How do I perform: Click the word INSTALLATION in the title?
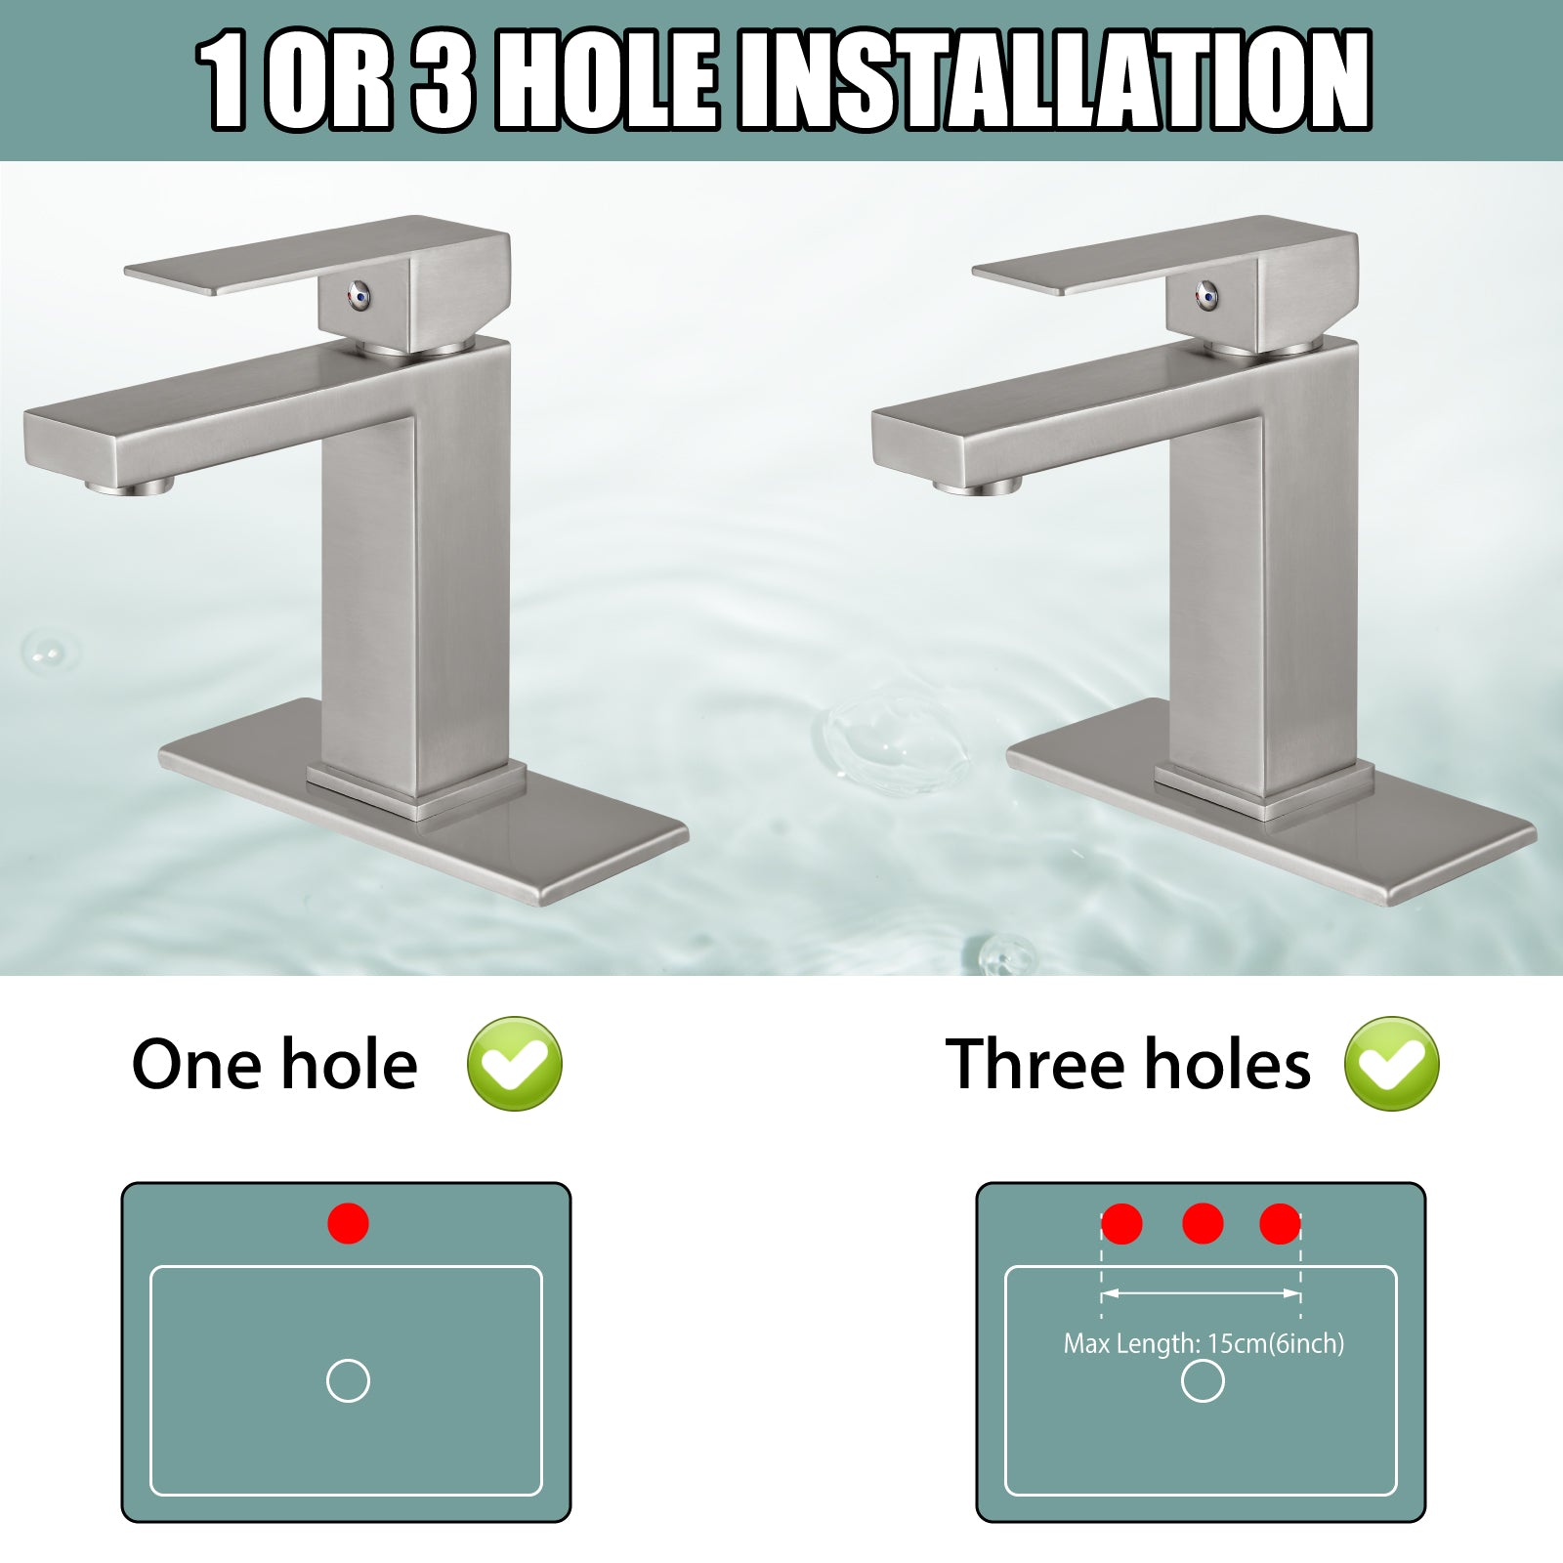(x=1054, y=80)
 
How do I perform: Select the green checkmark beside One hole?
(x=515, y=1063)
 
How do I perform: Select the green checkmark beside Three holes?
(x=1391, y=1063)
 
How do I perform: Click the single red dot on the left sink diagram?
(x=348, y=1223)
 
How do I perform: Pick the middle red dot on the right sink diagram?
(x=1203, y=1223)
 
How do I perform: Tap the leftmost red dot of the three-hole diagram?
(x=1121, y=1223)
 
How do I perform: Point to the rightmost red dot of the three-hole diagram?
(x=1280, y=1223)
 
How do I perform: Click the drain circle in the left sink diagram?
(x=348, y=1360)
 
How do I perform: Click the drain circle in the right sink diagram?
(x=1203, y=1360)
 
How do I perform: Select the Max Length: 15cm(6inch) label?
(x=1204, y=1344)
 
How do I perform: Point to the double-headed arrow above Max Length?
(x=1202, y=1293)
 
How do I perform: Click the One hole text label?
(x=275, y=1064)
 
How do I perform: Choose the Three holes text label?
(x=1128, y=1064)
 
